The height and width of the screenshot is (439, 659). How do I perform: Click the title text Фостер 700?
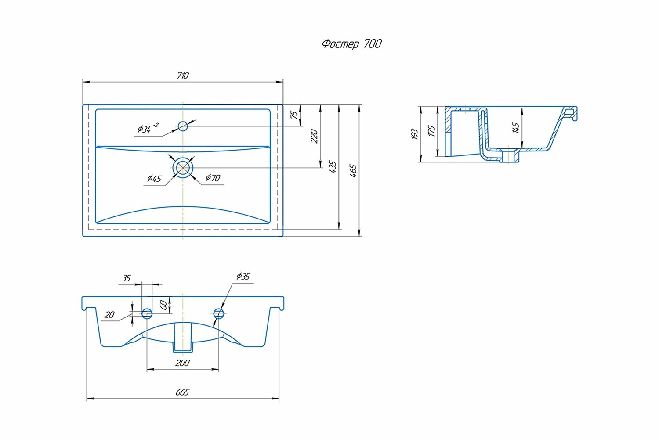(351, 44)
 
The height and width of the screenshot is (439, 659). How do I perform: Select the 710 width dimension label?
(183, 76)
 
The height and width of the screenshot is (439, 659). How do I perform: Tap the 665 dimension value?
(182, 392)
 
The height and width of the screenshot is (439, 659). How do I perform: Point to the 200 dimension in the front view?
(182, 363)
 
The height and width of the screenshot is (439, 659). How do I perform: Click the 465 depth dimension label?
(353, 171)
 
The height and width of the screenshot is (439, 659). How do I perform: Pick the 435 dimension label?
(333, 167)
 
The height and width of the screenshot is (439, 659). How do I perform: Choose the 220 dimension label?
(314, 137)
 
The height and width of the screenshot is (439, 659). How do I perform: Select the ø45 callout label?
(154, 178)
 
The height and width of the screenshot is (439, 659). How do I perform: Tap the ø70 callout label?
(213, 178)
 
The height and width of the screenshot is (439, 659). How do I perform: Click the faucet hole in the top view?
(183, 126)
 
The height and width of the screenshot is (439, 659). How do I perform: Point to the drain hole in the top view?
(183, 167)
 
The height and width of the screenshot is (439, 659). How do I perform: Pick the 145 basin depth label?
(516, 128)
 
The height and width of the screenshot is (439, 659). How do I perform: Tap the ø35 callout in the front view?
(243, 277)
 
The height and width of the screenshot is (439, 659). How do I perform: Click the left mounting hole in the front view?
(147, 313)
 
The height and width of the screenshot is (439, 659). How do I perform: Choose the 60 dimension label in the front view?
(163, 305)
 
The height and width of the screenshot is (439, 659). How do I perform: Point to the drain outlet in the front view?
(183, 337)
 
